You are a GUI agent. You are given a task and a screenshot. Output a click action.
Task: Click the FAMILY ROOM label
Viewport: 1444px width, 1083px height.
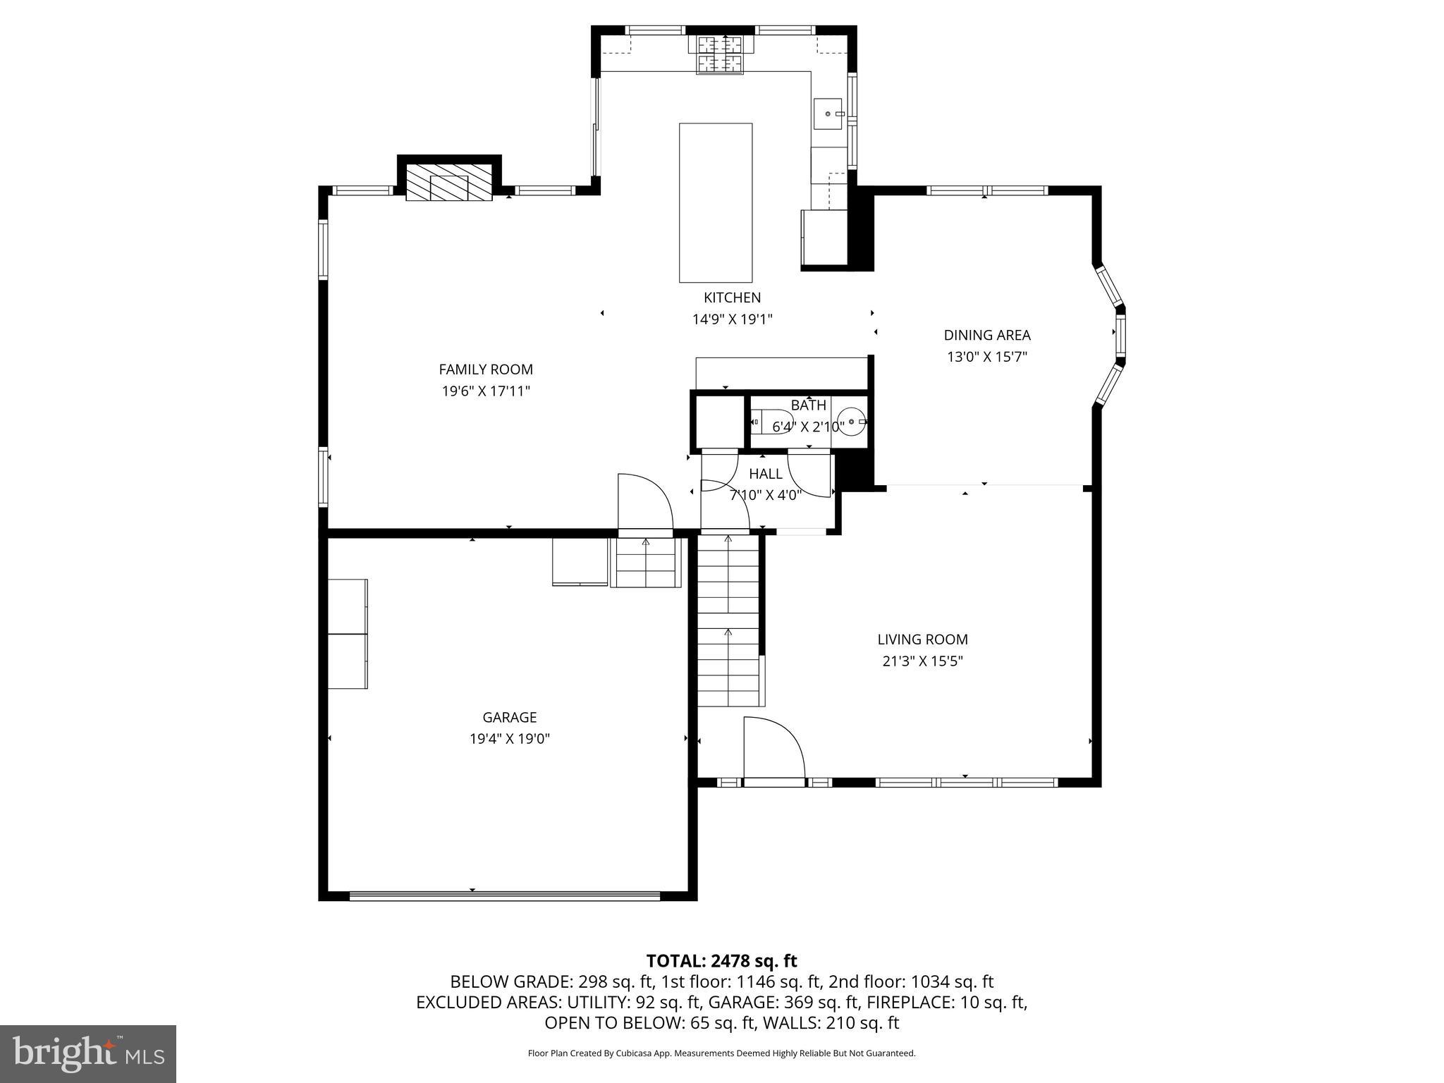pos(485,369)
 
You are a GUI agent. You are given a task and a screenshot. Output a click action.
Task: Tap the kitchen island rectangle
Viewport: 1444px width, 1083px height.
pos(715,202)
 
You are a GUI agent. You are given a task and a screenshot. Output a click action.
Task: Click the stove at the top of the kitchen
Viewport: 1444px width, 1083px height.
pos(721,55)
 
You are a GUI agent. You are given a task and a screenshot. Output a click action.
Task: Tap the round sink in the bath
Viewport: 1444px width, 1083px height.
pos(852,422)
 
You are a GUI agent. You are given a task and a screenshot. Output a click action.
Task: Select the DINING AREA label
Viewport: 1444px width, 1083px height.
pos(986,336)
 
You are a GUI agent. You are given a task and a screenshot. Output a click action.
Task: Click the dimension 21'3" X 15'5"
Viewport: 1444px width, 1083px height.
pos(922,661)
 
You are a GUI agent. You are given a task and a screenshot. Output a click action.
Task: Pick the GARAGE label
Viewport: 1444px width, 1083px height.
pos(509,718)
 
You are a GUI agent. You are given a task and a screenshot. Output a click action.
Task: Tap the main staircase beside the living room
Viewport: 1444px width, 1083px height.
pos(728,620)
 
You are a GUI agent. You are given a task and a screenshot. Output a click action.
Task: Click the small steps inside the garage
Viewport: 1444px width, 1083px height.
pos(645,562)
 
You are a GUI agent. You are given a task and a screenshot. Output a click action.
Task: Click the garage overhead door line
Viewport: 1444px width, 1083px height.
pos(504,896)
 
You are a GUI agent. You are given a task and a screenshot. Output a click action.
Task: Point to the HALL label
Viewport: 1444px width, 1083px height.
pos(765,474)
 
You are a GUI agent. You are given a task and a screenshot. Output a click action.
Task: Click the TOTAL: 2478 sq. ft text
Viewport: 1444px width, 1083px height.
pos(721,961)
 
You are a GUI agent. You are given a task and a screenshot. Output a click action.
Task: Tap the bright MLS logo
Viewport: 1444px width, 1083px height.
pos(88,1054)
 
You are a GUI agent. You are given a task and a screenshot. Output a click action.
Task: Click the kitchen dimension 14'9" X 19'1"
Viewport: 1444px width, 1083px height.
pos(732,319)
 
